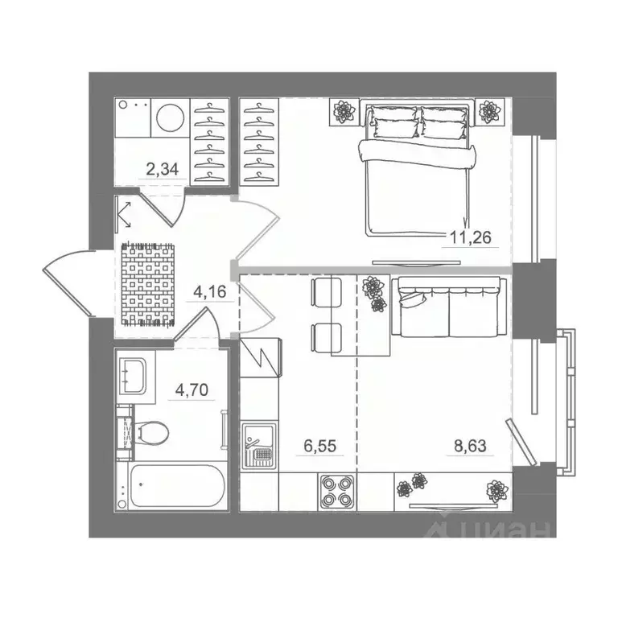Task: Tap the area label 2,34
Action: click(161, 169)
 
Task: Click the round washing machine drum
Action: click(170, 120)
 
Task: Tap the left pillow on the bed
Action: click(394, 127)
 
